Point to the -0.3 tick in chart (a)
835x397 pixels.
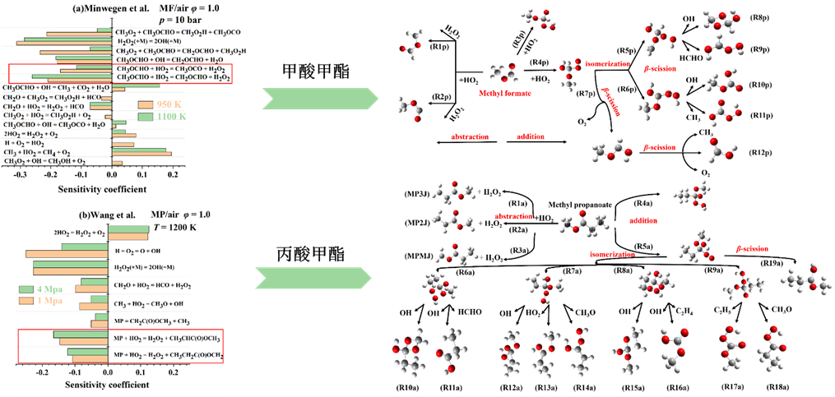(x=19, y=174)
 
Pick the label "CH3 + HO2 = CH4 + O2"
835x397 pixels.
(x=35, y=152)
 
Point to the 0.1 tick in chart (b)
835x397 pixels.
(x=140, y=372)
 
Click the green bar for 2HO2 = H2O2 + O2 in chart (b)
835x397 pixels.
(x=128, y=229)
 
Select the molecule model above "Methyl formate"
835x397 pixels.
(x=503, y=73)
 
